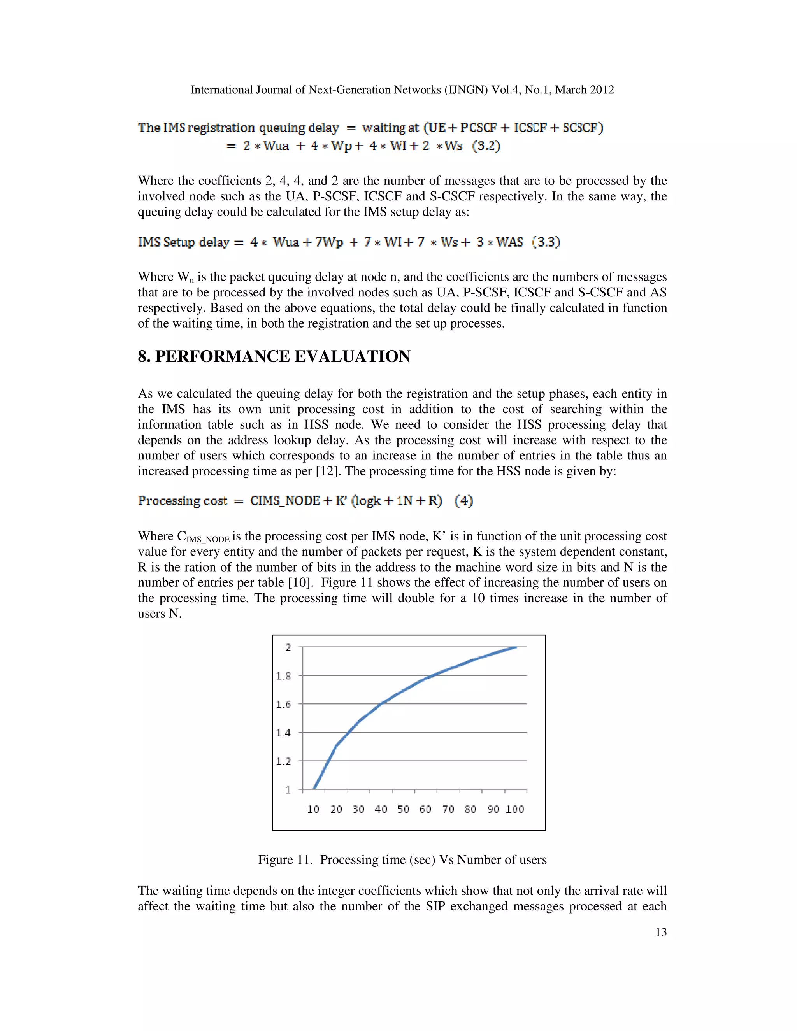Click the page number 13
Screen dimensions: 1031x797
click(660, 932)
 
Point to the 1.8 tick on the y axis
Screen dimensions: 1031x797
click(283, 676)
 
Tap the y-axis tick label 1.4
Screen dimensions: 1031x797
click(283, 733)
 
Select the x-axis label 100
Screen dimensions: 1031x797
click(514, 809)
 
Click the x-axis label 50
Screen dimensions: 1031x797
click(403, 809)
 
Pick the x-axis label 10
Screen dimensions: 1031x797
click(313, 809)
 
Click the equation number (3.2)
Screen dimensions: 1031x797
click(486, 146)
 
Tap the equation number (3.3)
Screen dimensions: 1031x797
click(546, 242)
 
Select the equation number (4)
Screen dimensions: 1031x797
click(463, 500)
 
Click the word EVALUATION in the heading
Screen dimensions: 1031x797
click(352, 356)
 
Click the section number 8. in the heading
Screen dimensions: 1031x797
click(144, 356)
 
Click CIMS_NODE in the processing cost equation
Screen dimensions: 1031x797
click(285, 500)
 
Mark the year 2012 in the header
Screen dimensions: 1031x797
click(602, 90)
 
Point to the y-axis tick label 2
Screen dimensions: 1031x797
click(288, 648)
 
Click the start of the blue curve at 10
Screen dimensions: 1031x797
click(314, 788)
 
